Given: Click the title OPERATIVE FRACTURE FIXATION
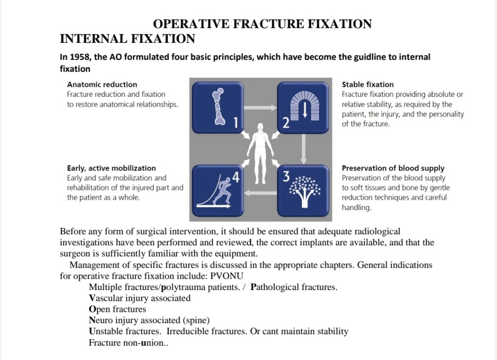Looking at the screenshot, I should pos(263,24).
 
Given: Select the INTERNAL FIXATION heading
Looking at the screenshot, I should pos(127,39).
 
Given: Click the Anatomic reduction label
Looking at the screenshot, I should pos(102,85).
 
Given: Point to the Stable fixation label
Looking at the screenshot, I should pos(367,85).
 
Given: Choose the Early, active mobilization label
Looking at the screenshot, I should pos(111,168).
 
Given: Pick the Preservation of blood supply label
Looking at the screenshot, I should pos(393,169).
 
